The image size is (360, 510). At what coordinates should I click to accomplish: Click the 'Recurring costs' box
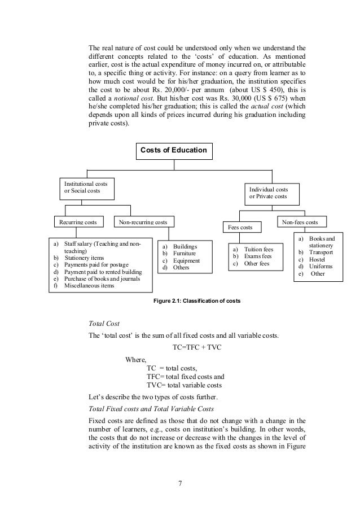pos(78,223)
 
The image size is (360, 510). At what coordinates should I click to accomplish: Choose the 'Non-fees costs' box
pos(304,223)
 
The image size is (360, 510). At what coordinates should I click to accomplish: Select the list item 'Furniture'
pos(185,254)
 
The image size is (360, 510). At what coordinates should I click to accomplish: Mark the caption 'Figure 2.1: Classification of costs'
pos(197,300)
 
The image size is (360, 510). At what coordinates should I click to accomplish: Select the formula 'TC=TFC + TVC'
pos(196,346)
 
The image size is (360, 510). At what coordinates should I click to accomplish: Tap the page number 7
pos(179,483)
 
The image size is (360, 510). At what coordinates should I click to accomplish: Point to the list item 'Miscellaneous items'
pos(89,285)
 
